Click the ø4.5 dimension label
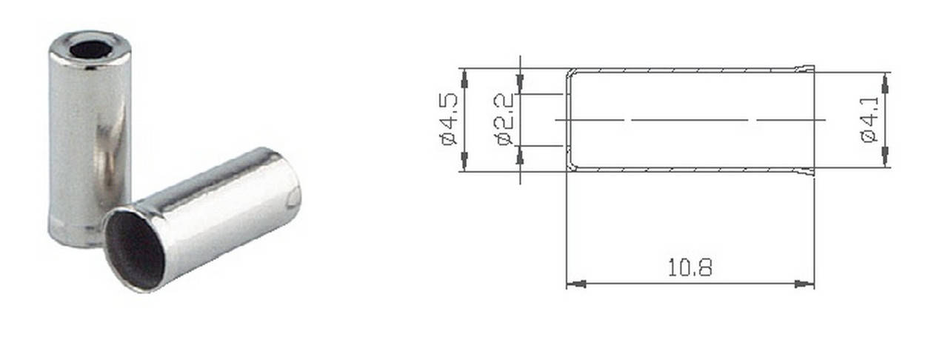tap(449, 119)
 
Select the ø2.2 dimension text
tap(504, 120)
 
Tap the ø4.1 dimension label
tap(870, 120)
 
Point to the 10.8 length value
tap(690, 267)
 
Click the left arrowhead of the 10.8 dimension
tap(576, 284)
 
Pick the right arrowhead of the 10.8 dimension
tap(804, 284)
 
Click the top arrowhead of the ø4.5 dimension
tap(464, 79)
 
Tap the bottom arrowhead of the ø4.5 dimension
tap(464, 161)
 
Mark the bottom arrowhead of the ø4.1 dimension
tap(884, 156)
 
